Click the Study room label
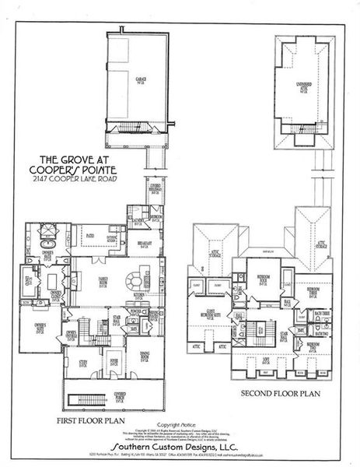(82, 362)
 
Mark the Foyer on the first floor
(114, 361)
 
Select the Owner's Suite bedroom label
(39, 324)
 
